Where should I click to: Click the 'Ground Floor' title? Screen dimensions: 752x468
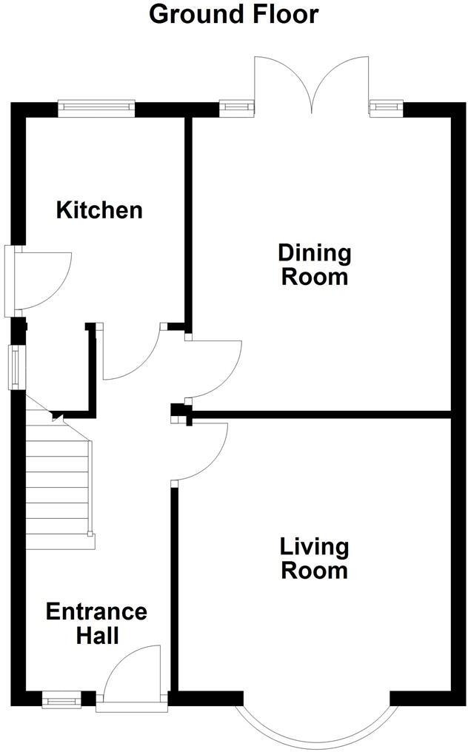(x=234, y=14)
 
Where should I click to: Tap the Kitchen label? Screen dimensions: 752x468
(x=99, y=210)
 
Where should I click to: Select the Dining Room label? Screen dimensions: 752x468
(x=314, y=265)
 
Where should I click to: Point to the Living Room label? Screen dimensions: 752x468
(x=314, y=559)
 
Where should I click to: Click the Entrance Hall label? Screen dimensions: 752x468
(x=96, y=623)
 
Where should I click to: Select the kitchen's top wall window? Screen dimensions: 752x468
(x=97, y=109)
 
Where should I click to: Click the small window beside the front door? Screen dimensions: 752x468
(x=61, y=698)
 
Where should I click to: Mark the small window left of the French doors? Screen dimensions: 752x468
(x=235, y=109)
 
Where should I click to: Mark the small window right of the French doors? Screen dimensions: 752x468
(x=385, y=109)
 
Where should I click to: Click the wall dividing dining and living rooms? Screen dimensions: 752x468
(x=318, y=414)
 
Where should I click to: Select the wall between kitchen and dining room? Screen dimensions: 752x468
(x=188, y=222)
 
